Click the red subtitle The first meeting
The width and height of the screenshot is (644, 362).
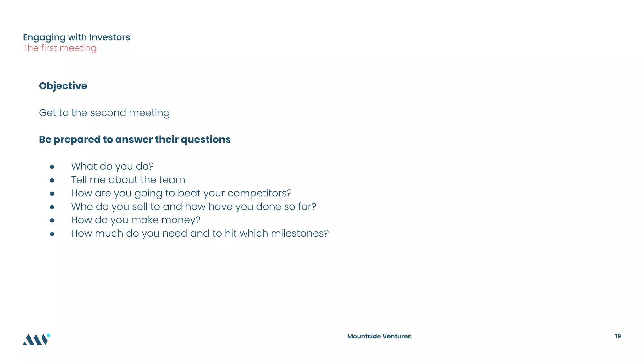[59, 48]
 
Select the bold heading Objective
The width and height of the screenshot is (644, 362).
[63, 86]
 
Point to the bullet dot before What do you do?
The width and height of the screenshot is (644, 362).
[52, 167]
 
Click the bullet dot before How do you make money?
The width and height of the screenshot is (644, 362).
[52, 221]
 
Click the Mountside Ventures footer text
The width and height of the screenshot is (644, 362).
[379, 336]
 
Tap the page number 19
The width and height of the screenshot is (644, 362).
[618, 336]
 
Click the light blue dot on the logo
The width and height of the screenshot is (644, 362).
[48, 335]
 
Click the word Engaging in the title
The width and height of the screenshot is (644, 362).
[44, 37]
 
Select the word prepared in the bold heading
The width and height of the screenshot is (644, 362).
[77, 140]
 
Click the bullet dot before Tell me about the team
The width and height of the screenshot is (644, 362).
[52, 180]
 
